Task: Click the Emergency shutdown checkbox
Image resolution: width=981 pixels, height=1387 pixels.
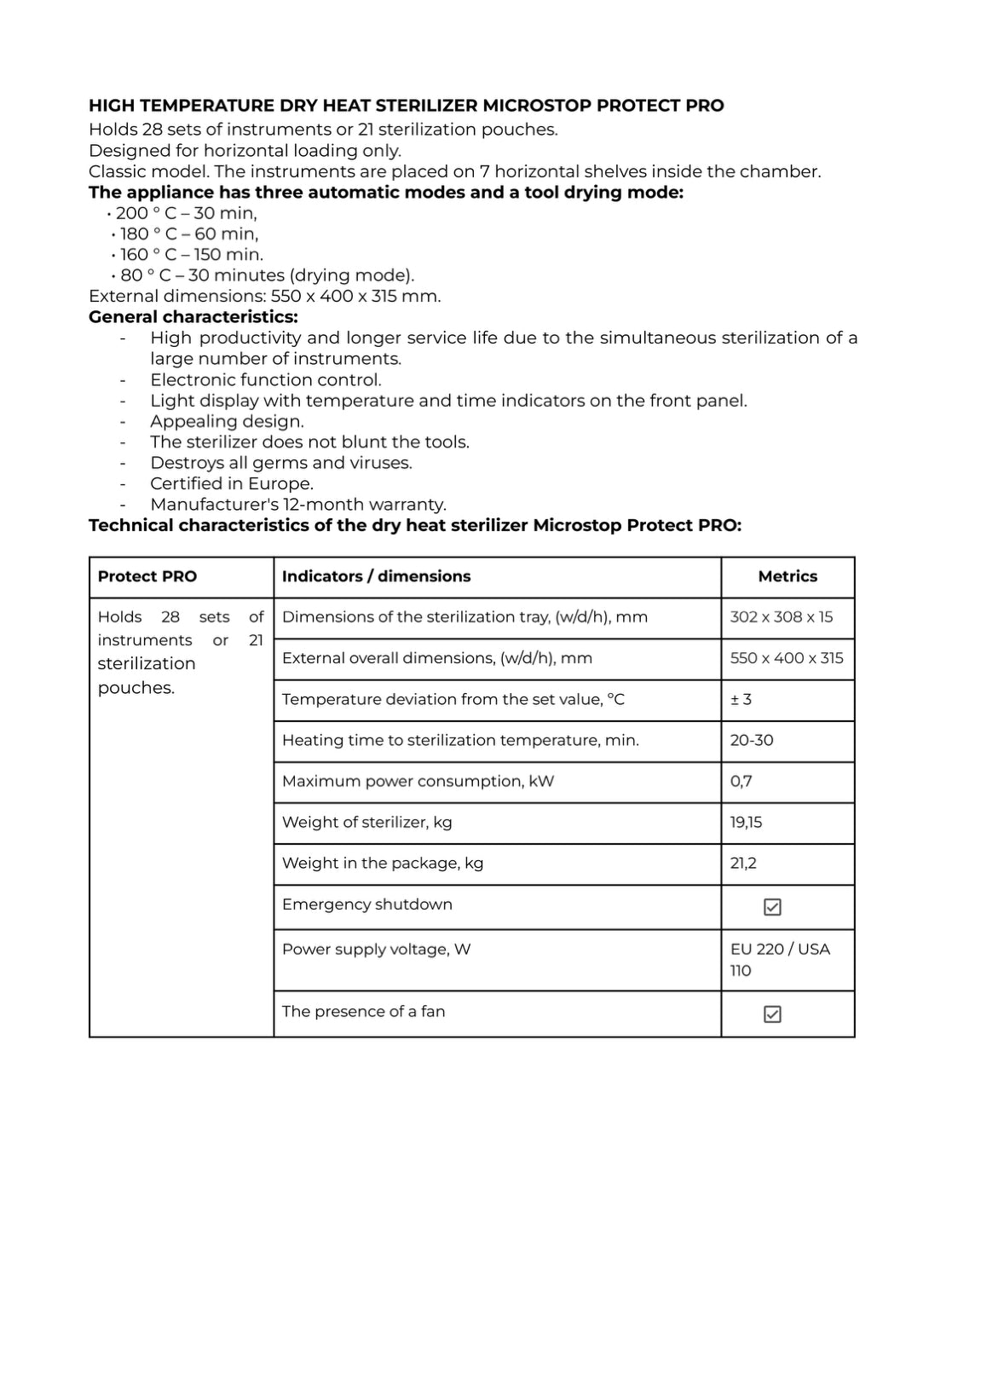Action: tap(772, 907)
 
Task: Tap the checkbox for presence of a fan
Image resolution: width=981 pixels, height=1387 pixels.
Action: tap(772, 1014)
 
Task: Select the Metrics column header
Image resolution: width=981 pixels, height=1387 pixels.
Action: tap(788, 576)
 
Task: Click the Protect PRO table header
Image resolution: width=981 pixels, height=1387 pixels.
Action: tap(147, 576)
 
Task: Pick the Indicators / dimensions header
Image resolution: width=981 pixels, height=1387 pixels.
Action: tap(376, 576)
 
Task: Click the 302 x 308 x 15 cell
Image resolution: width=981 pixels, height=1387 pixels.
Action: tap(782, 617)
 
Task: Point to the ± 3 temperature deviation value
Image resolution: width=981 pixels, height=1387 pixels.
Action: tap(741, 699)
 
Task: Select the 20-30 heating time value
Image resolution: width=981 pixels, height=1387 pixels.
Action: tap(752, 740)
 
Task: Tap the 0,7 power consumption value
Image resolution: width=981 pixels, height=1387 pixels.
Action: tap(742, 781)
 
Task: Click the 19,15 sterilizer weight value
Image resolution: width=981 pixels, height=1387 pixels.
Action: tap(747, 822)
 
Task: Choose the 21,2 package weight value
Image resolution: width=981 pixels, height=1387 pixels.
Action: tap(743, 863)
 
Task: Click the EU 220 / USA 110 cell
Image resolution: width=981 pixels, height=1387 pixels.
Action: tap(780, 959)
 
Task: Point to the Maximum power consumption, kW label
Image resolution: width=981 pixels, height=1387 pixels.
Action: tap(418, 781)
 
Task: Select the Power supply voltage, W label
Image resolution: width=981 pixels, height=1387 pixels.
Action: tap(376, 949)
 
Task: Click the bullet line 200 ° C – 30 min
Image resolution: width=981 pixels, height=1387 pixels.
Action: tap(186, 213)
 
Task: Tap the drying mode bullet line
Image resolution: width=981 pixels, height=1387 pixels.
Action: tap(267, 275)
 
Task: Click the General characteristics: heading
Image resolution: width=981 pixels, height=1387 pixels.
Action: tap(193, 317)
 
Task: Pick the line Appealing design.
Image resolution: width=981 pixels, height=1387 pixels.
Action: tap(227, 421)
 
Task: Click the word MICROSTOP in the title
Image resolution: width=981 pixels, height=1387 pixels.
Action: tap(537, 106)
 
